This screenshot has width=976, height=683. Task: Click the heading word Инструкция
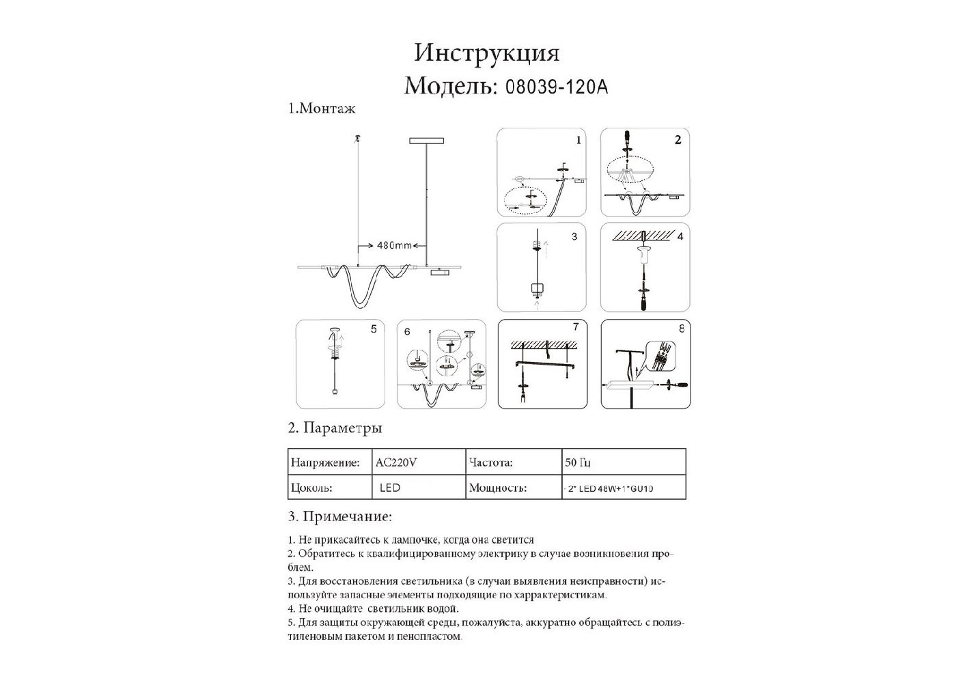(x=486, y=53)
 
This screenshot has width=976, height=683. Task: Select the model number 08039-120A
(x=555, y=87)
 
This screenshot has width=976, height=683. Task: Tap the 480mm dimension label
(x=394, y=245)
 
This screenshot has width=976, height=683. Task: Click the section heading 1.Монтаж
(x=322, y=109)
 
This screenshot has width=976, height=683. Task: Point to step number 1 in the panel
(x=578, y=140)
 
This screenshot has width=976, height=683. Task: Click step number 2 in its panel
(x=678, y=140)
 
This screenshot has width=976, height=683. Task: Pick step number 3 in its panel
(x=574, y=236)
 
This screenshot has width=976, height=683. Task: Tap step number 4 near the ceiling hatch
(x=680, y=236)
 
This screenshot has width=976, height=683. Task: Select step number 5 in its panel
(x=374, y=329)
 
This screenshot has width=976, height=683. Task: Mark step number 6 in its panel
(x=407, y=331)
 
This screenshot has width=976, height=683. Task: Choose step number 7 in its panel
(x=576, y=327)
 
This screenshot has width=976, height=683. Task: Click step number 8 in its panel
(x=681, y=329)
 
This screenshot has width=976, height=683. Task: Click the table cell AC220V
(x=396, y=462)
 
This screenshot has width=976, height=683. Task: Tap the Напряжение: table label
(x=325, y=462)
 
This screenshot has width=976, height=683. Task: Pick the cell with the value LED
(x=390, y=488)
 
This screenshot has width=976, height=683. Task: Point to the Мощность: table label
(x=498, y=488)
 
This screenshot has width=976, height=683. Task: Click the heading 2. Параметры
(x=335, y=428)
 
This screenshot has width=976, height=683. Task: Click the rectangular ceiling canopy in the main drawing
(x=426, y=141)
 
